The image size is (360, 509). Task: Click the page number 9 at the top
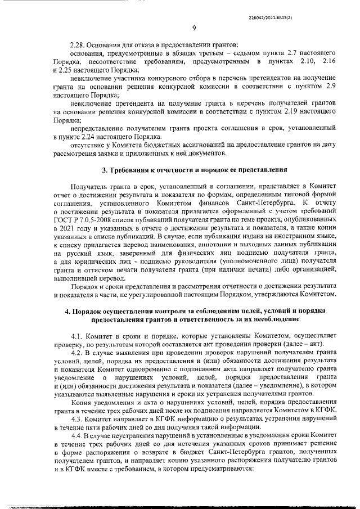[x=193, y=29]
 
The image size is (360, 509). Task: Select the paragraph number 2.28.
[x=78, y=44]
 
